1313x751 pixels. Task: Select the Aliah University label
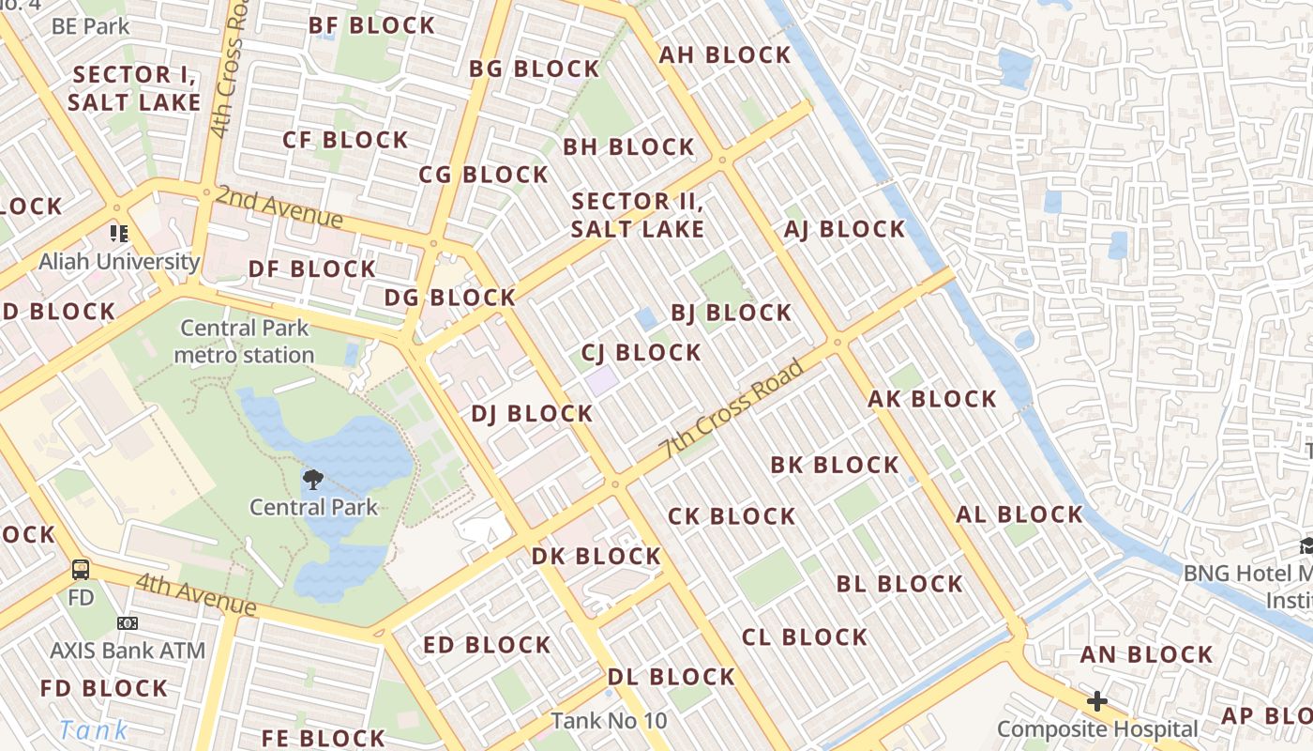tap(119, 261)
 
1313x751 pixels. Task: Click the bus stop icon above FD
tap(82, 569)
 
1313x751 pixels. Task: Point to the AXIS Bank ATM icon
tap(128, 623)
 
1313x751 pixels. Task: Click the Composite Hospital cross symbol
tap(1096, 701)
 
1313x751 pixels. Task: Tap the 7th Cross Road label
tap(734, 409)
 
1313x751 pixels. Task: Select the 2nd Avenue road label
tap(279, 207)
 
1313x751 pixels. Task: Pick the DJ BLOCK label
tap(532, 414)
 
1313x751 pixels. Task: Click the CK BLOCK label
tap(732, 516)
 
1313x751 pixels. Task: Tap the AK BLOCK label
tap(932, 399)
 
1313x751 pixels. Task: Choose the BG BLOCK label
tap(534, 69)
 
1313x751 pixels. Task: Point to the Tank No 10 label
tap(609, 721)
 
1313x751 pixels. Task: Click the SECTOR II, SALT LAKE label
tap(638, 215)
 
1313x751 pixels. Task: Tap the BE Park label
tap(91, 26)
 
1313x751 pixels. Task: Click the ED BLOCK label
tap(487, 645)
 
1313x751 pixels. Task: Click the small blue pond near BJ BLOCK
tap(646, 318)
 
